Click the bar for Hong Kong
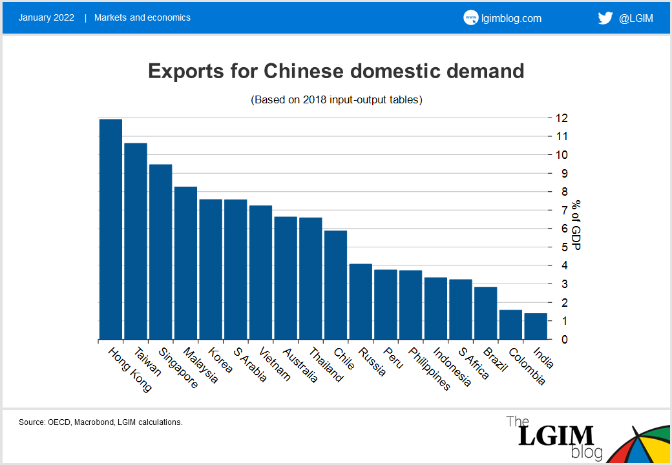tap(110, 229)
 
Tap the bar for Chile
tap(335, 285)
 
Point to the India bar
tap(536, 326)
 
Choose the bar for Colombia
tap(510, 324)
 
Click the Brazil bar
tap(485, 313)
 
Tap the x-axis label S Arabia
tap(250, 364)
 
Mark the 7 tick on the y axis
tap(562, 211)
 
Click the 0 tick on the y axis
tap(562, 339)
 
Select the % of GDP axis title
tap(576, 225)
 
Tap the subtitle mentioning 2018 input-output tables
tap(336, 100)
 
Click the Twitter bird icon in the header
tap(605, 17)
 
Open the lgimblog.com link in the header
tap(510, 18)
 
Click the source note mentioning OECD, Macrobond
tap(101, 422)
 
